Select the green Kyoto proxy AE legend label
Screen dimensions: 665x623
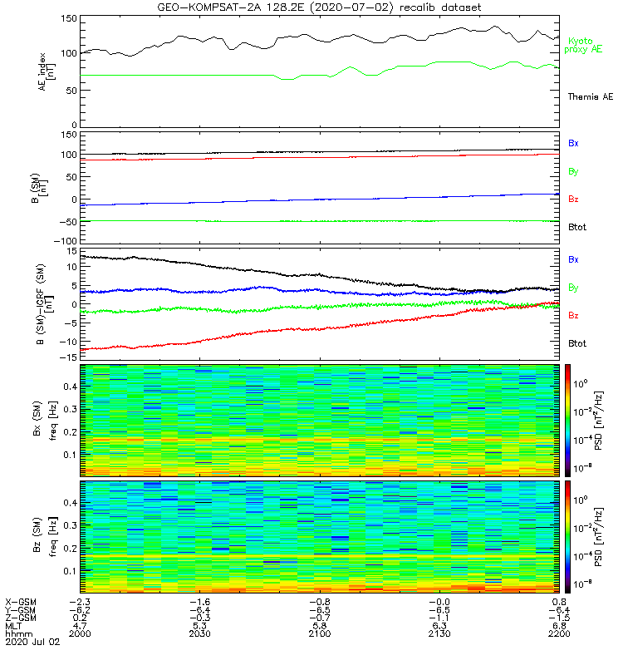click(585, 45)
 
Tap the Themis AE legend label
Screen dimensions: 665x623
click(589, 97)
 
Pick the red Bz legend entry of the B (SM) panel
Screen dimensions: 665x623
click(573, 199)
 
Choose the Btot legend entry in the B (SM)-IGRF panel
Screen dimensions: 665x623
click(576, 343)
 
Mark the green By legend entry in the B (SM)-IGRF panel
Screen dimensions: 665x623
click(573, 288)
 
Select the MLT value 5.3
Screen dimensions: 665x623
click(199, 625)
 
